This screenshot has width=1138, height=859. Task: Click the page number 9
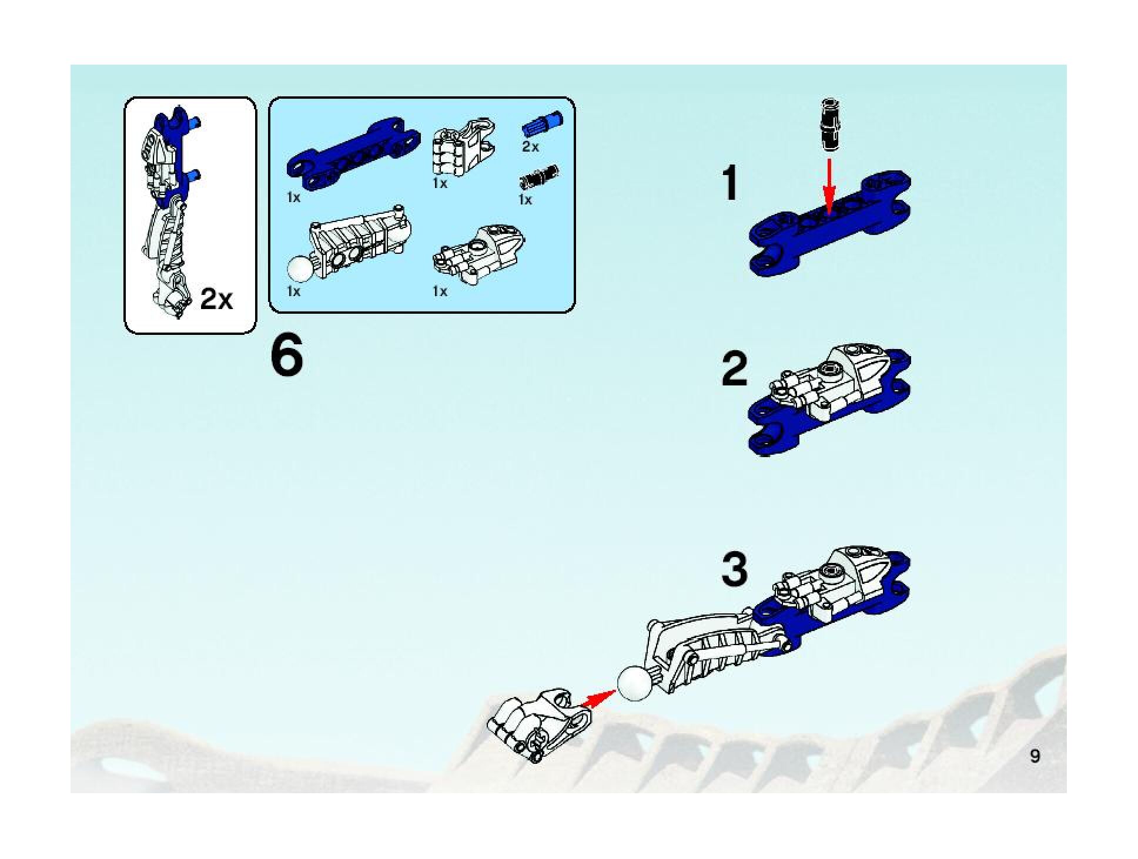(x=1035, y=756)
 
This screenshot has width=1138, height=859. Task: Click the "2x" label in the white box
(x=216, y=299)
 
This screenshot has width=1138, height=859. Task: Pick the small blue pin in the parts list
(x=541, y=126)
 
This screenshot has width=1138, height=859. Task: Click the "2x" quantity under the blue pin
(x=530, y=147)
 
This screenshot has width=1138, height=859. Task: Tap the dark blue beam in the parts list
(x=353, y=150)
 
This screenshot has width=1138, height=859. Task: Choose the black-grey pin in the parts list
(x=538, y=176)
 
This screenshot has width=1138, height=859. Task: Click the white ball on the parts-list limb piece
(x=300, y=270)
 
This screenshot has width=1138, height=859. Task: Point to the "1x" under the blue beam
(x=293, y=198)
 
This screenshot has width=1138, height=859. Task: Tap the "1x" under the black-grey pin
(x=525, y=200)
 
